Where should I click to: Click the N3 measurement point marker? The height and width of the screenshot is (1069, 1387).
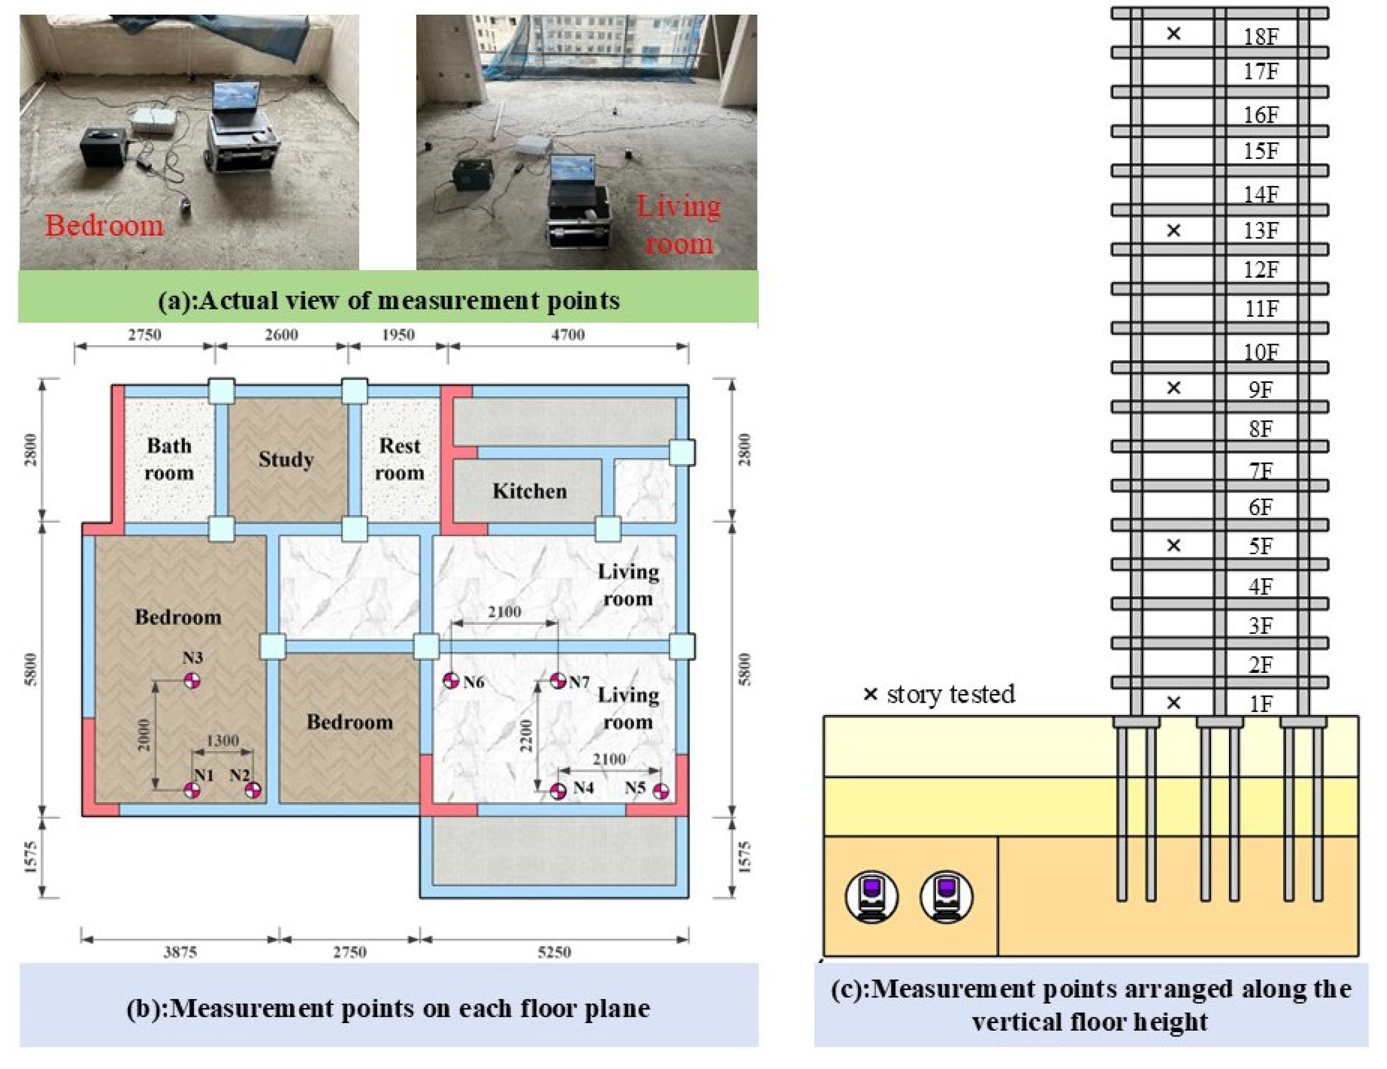tap(192, 681)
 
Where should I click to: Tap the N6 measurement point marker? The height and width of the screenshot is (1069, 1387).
tap(451, 681)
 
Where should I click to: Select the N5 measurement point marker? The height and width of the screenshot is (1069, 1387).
tap(661, 791)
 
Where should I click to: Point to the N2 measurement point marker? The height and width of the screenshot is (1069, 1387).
tap(253, 790)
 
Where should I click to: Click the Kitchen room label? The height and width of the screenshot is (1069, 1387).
tap(529, 491)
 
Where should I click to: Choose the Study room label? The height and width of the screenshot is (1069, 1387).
tap(286, 459)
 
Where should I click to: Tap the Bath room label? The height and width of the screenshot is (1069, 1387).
tap(168, 459)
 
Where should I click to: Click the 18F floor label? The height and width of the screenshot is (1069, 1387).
tap(1261, 36)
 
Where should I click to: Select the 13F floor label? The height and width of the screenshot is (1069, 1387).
tap(1261, 230)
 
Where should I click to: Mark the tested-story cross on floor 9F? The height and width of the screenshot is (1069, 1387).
tap(1174, 388)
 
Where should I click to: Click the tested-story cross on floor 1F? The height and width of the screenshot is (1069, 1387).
tap(1174, 703)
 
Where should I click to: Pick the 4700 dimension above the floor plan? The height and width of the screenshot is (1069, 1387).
tap(568, 335)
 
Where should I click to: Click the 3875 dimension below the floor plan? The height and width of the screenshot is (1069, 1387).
tap(180, 952)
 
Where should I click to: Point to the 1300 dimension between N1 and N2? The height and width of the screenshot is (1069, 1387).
tap(222, 741)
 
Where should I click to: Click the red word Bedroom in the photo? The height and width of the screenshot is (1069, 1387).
tap(104, 225)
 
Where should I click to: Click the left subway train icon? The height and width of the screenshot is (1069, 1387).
tap(871, 896)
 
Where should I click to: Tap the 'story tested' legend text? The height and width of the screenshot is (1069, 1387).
tap(950, 694)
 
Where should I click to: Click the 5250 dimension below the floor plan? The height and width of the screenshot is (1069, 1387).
tap(554, 952)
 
